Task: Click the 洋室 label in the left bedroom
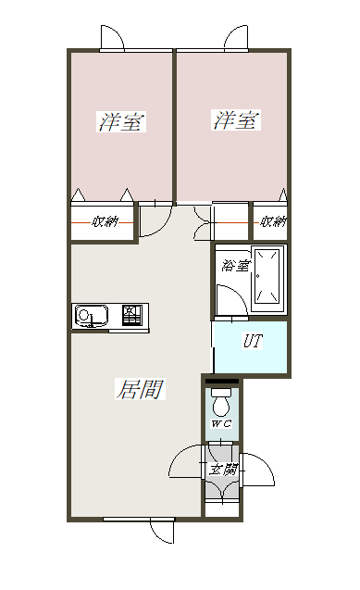121,121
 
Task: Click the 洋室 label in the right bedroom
236,120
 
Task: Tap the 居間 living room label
140,389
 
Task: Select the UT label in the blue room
253,341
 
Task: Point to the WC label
222,424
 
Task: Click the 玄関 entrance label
224,470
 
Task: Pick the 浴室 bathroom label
235,266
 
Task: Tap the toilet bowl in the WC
221,403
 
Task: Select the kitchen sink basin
92,315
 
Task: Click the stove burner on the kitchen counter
132,315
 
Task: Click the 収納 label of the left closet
105,221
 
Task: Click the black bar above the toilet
222,381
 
